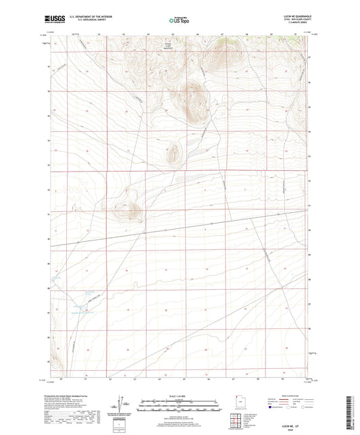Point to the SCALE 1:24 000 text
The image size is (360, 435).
(x=179, y=396)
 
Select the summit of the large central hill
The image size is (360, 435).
(x=194, y=95)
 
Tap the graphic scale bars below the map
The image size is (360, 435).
(x=179, y=407)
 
